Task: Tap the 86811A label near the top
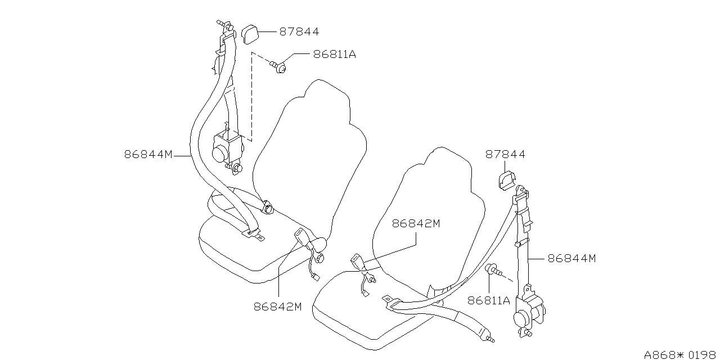tap(335, 55)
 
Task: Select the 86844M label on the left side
tap(148, 154)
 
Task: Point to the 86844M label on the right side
tap(571, 258)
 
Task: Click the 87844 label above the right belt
tap(505, 154)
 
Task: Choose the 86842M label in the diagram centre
tap(416, 223)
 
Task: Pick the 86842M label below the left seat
tap(278, 307)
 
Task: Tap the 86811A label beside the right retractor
tap(488, 300)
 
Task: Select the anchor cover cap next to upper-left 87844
tap(250, 33)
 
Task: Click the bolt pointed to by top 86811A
tap(279, 67)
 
